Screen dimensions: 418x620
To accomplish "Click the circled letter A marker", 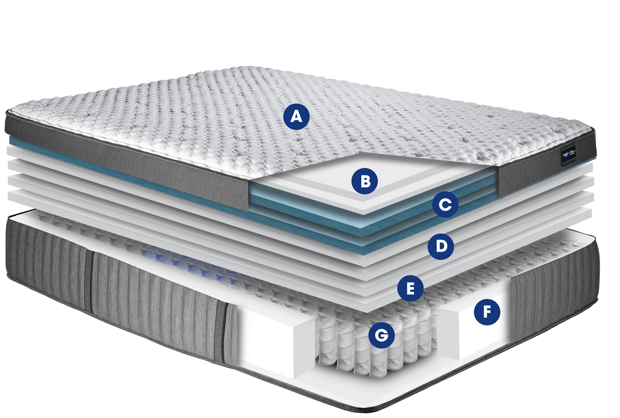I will pyautogui.click(x=297, y=117).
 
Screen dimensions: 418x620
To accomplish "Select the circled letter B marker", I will pyautogui.click(x=365, y=181).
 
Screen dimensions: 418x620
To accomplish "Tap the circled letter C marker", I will pyautogui.click(x=445, y=205).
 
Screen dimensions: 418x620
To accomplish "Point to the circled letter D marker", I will pyautogui.click(x=441, y=246).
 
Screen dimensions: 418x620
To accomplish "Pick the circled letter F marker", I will pyautogui.click(x=487, y=313).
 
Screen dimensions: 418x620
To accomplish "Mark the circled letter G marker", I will pyautogui.click(x=382, y=335).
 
